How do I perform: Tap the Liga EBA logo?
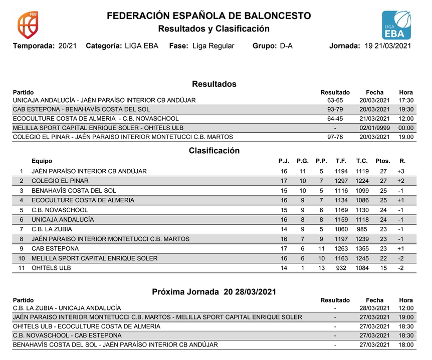397,25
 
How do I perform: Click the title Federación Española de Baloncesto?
208,16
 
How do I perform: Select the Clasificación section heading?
214,151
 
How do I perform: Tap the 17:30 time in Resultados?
406,100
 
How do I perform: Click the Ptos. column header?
383,161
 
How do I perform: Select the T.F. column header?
341,161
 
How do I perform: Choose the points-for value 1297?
341,181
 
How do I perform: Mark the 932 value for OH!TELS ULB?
341,268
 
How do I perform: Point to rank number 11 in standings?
21,268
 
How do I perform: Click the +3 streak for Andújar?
400,171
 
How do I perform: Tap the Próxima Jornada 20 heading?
214,291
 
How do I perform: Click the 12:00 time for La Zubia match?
406,308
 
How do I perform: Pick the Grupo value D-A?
286,46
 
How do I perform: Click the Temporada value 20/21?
68,46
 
